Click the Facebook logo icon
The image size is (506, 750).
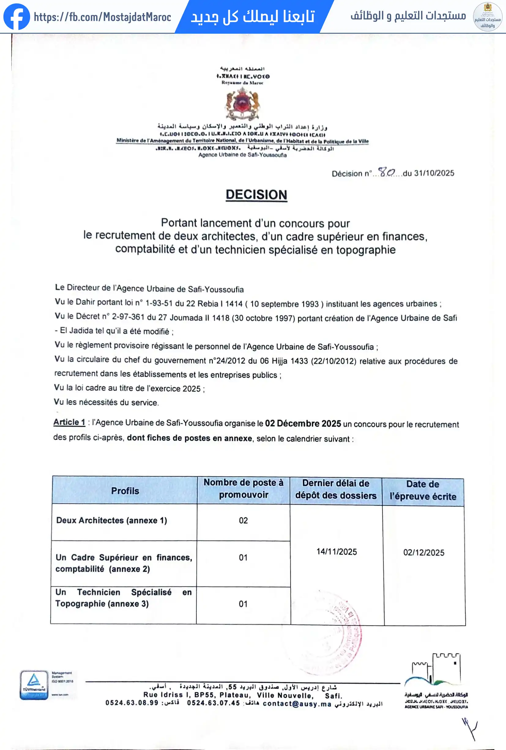click(x=17, y=17)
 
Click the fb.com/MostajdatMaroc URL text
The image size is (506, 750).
click(x=102, y=17)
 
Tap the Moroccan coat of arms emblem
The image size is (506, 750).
click(x=242, y=104)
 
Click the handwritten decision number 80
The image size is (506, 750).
click(x=386, y=172)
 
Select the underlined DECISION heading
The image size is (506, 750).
click(x=256, y=195)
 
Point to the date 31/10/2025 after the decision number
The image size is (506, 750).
click(x=434, y=173)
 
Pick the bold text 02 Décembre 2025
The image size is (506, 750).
click(x=303, y=424)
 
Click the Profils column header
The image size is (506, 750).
click(x=125, y=491)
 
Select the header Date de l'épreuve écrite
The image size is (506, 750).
click(x=423, y=490)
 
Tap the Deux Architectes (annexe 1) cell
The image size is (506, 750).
click(x=112, y=520)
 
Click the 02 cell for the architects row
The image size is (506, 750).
click(x=243, y=521)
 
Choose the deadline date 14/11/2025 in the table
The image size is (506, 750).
click(x=337, y=552)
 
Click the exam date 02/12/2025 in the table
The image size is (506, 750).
click(x=424, y=552)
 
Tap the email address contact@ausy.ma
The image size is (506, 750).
click(x=297, y=704)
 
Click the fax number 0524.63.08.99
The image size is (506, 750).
click(x=132, y=703)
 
